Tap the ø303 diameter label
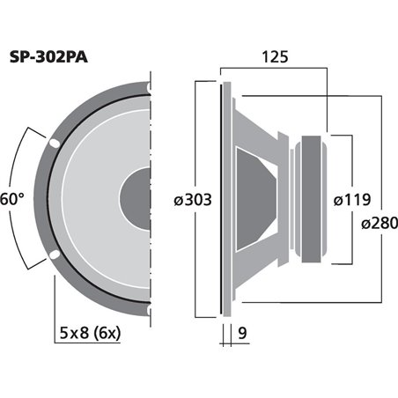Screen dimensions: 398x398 pyautogui.click(x=193, y=201)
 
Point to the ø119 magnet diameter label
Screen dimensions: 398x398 pyautogui.click(x=352, y=200)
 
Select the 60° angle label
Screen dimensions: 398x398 pyautogui.click(x=11, y=200)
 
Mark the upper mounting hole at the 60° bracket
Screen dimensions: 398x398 pyautogui.click(x=55, y=142)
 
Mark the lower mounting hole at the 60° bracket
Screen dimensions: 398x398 pyautogui.click(x=55, y=255)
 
